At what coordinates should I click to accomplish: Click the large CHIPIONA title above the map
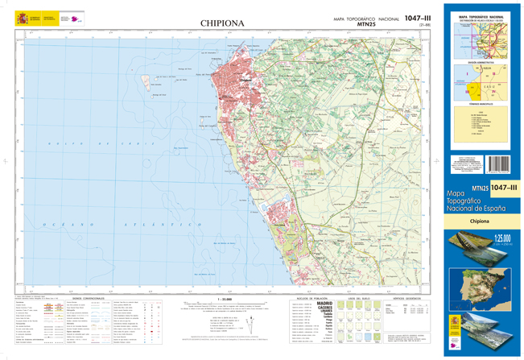(x=222, y=24)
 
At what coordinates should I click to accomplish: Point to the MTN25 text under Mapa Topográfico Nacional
(x=369, y=25)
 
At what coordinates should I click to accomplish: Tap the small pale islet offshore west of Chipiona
(x=151, y=81)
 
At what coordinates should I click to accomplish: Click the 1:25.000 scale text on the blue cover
(x=504, y=237)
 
